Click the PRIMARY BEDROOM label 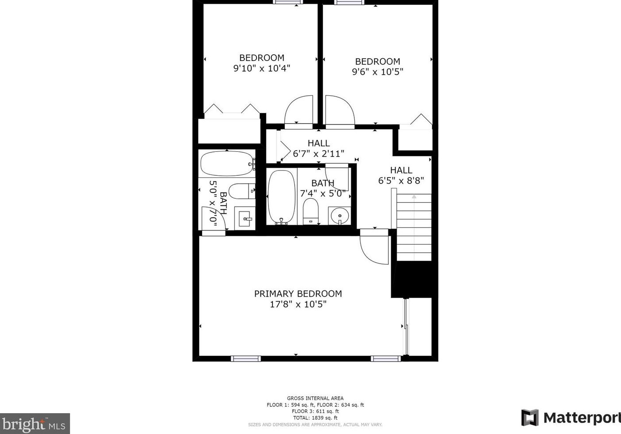(x=298, y=294)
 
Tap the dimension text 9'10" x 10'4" (x=261, y=68)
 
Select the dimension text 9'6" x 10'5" (x=377, y=72)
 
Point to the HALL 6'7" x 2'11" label (x=318, y=149)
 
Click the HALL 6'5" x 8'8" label (x=401, y=175)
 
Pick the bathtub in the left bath (x=227, y=164)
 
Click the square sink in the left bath (x=245, y=218)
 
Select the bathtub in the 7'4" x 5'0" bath (x=281, y=196)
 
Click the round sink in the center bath (x=340, y=216)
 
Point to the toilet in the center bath (x=310, y=211)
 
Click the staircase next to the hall (x=414, y=227)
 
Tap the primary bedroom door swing (x=374, y=247)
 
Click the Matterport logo (x=571, y=418)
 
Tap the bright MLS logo (x=34, y=424)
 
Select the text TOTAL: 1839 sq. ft (x=315, y=418)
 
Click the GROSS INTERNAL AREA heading (x=315, y=398)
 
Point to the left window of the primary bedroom (x=246, y=359)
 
